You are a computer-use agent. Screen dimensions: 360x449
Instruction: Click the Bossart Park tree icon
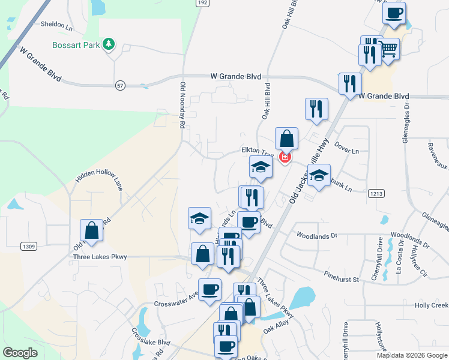[109, 44]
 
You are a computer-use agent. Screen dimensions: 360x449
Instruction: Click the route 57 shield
[121, 86]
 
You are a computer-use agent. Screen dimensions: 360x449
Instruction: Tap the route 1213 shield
[376, 193]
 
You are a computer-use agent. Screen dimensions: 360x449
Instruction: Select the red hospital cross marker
[285, 158]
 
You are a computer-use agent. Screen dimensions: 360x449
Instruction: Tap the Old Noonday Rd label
[181, 106]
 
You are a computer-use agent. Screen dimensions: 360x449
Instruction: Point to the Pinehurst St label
[340, 279]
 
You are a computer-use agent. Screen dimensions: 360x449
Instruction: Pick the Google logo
[20, 352]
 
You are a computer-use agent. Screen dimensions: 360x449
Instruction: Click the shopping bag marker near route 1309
[92, 230]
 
